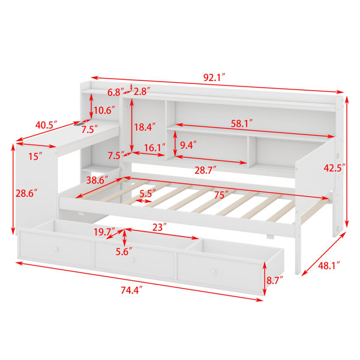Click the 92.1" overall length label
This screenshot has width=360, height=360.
[214, 78]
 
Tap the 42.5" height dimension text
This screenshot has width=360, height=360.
[334, 168]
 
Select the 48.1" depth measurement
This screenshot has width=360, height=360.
[329, 266]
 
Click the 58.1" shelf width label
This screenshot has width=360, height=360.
[242, 124]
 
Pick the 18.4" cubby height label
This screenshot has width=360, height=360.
[145, 127]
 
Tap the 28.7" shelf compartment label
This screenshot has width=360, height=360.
[205, 170]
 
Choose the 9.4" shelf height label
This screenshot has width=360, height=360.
[188, 145]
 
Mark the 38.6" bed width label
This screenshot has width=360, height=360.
[97, 180]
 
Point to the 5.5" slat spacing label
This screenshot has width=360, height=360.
[148, 193]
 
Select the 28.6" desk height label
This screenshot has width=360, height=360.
[26, 193]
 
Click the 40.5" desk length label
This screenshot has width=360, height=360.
[46, 125]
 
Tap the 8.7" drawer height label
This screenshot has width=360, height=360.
[275, 281]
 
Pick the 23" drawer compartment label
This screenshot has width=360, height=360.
[160, 227]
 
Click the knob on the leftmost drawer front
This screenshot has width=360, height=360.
[56, 249]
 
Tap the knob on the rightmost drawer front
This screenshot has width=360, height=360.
[214, 272]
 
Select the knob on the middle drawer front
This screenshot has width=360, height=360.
[133, 260]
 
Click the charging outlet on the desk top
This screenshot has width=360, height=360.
[80, 124]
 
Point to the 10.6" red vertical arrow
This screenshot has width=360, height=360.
[91, 106]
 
